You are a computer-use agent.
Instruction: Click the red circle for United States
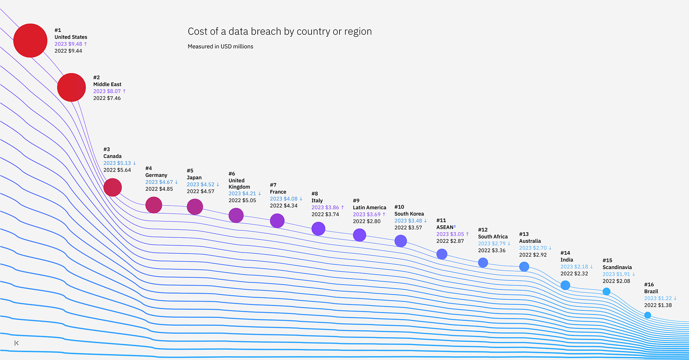[30, 40]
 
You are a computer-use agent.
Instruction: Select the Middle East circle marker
[71, 87]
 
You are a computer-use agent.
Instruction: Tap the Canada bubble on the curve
[112, 187]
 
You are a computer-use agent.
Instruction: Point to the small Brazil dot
[648, 315]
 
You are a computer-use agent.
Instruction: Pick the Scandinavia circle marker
[606, 291]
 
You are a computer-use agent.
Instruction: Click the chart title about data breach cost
[280, 31]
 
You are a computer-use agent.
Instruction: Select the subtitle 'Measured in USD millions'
[220, 46]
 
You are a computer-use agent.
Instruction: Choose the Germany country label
[156, 175]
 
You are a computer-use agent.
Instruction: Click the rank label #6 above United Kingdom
[232, 174]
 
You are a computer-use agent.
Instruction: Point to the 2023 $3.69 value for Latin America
[367, 214]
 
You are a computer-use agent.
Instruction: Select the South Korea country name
[409, 214]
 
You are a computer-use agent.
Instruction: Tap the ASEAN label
[445, 227]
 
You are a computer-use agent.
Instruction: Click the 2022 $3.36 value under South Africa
[492, 250]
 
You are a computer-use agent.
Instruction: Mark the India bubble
[565, 285]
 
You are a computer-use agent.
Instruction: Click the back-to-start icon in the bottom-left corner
[16, 343]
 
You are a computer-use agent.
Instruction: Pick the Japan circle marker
[195, 207]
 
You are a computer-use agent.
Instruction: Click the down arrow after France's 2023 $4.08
[301, 199]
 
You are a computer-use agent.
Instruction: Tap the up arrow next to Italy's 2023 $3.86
[342, 208]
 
